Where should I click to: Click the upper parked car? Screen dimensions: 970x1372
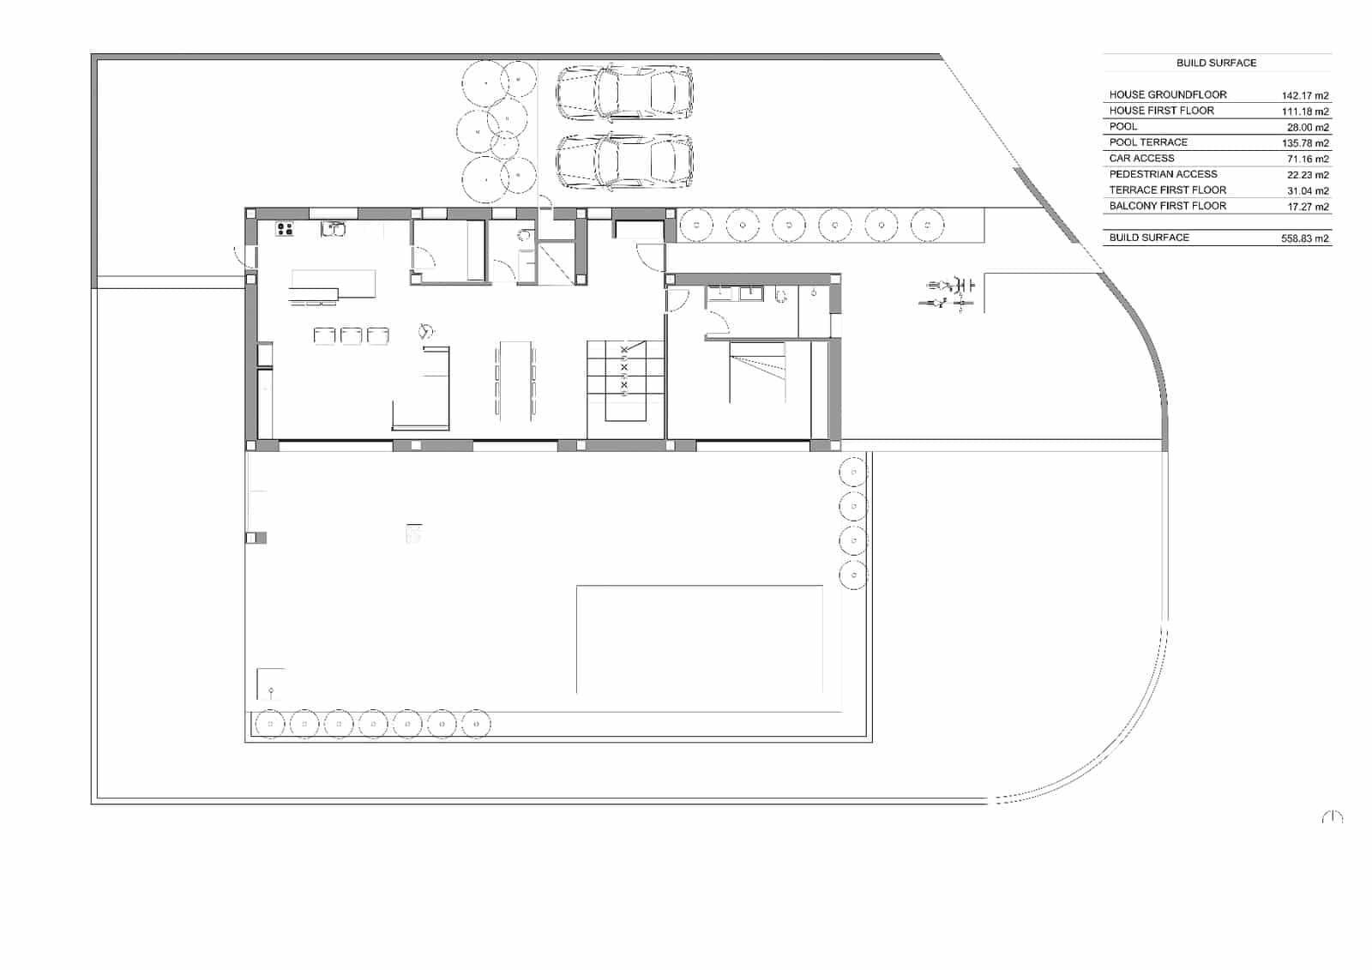[x=624, y=92]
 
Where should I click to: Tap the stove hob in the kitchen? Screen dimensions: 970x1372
[x=284, y=229]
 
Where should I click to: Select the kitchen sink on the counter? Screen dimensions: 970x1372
[x=333, y=228]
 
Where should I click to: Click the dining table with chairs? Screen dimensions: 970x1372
[x=515, y=380]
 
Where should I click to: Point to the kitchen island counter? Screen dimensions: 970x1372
[x=333, y=284]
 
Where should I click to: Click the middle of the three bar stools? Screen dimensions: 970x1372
[x=351, y=335]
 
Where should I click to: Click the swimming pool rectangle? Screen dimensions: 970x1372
[x=699, y=639]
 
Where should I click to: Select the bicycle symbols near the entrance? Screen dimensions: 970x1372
[x=949, y=292]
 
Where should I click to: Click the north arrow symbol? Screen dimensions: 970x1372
[x=1332, y=817]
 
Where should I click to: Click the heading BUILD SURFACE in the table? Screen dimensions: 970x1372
[x=1216, y=63]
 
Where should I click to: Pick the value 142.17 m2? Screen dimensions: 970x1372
[x=1304, y=96]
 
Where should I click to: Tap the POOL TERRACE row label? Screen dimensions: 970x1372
[x=1148, y=142]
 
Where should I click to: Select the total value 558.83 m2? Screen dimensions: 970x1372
[x=1304, y=239]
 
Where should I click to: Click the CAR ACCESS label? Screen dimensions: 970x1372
[x=1141, y=158]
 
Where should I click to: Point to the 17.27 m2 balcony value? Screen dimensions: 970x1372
[x=1307, y=207]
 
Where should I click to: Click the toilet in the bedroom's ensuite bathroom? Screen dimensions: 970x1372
[x=780, y=294]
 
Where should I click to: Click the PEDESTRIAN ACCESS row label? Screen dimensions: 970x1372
[x=1163, y=174]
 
